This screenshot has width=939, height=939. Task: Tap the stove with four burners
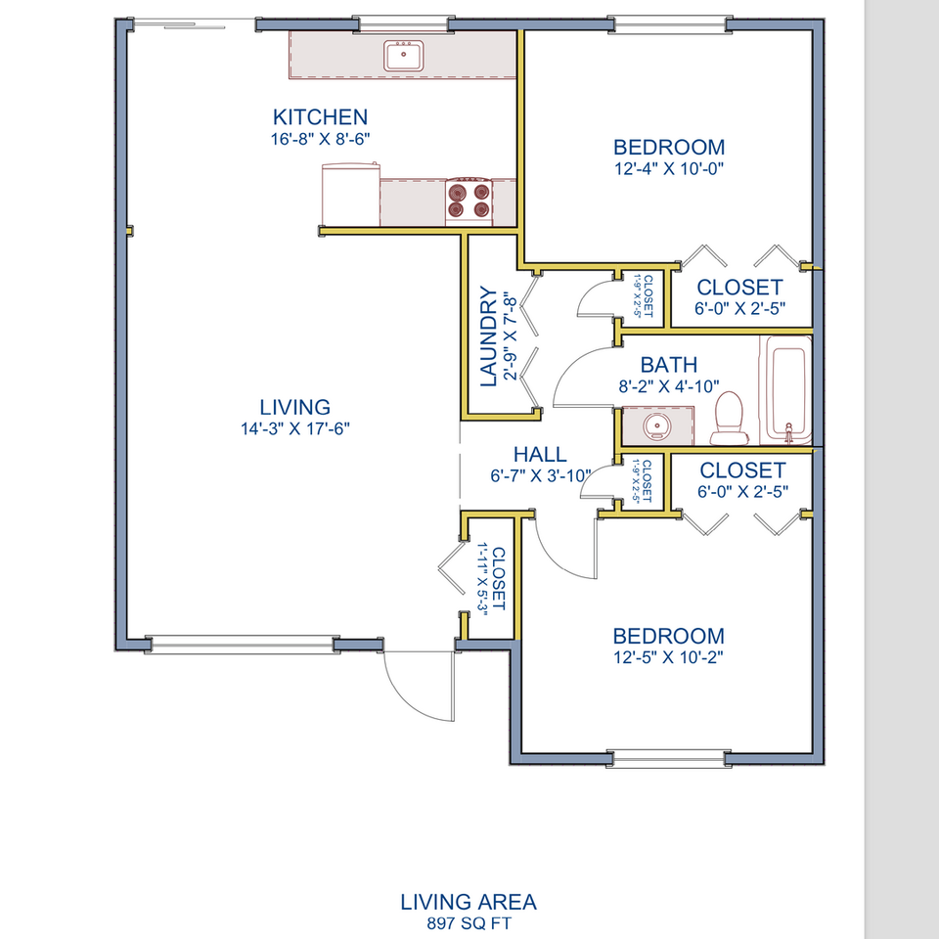469,201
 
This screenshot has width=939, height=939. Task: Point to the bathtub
785,390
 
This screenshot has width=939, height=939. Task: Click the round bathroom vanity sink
656,426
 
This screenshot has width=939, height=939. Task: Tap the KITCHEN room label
321,116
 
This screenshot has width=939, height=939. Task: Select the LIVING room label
294,407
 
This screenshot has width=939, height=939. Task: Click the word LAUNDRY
489,337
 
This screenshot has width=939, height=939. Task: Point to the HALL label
540,455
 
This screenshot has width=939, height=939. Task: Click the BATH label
669,365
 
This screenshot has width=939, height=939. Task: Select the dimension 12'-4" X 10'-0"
669,168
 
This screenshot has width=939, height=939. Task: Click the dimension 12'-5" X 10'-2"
668,657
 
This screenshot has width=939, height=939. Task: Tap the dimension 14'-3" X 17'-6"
294,428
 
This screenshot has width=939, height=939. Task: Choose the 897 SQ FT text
469,923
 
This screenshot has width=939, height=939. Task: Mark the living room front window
242,645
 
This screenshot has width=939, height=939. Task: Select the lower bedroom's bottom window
669,759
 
